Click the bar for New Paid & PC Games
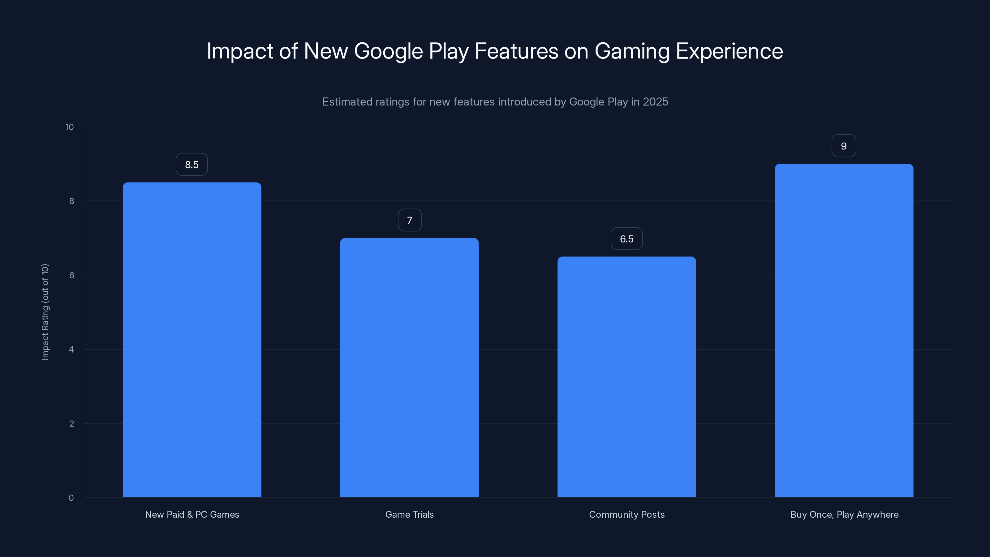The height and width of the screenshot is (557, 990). point(192,340)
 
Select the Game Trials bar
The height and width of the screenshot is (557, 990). point(409,368)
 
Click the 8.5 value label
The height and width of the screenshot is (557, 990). point(192,165)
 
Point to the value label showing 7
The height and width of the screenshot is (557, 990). point(410,220)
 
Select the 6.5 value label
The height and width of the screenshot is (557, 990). point(626,239)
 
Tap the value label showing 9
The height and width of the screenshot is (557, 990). point(844,146)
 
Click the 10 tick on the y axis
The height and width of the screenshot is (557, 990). point(70,127)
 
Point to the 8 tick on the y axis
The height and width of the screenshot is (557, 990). point(71,201)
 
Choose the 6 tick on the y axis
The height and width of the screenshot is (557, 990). point(71,275)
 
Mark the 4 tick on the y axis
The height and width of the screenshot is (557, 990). point(71,349)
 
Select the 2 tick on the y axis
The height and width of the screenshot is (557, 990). point(71,424)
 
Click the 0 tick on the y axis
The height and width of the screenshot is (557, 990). point(71,498)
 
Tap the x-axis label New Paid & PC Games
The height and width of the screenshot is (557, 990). point(192,514)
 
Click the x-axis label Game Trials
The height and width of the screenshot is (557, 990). point(409,514)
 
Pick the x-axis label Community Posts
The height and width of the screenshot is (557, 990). point(626,514)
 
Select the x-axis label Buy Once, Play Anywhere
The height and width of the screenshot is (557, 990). point(844,514)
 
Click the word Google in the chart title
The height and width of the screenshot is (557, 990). point(388,51)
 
